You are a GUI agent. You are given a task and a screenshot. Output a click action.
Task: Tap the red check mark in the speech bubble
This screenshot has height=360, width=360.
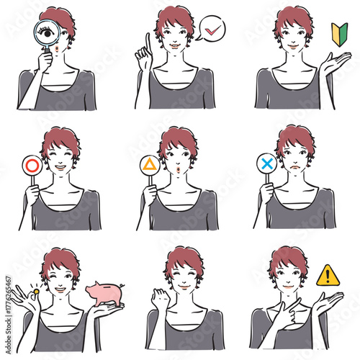[212, 30]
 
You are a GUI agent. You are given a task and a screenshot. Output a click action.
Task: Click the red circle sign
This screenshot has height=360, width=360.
[32, 164]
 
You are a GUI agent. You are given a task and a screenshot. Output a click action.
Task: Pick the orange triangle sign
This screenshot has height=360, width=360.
[149, 165]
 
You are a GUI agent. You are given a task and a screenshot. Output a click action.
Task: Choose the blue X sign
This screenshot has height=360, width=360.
[266, 164]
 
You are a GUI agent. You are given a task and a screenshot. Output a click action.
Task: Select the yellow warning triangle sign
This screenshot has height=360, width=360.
[328, 275]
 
